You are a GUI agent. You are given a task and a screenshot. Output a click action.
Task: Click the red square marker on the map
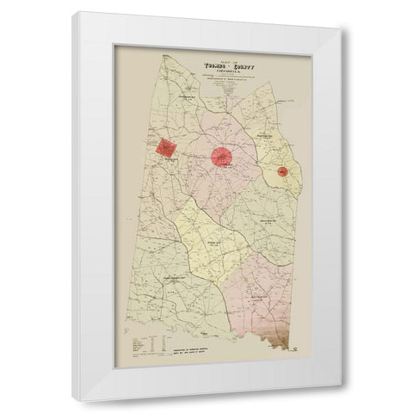tap(165, 147)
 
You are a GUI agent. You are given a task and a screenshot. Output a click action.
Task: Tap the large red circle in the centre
tap(222, 157)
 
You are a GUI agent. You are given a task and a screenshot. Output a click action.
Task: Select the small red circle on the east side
tap(282, 172)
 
